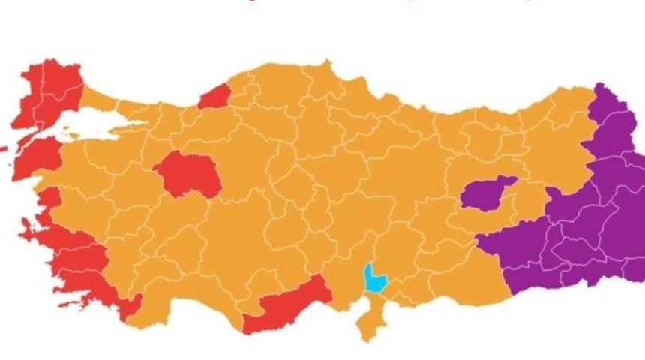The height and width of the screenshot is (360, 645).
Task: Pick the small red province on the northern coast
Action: [x=214, y=96]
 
